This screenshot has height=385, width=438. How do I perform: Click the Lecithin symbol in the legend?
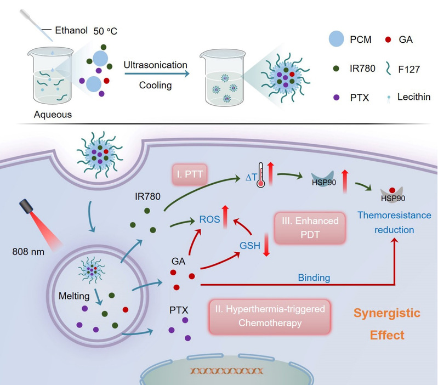coord(374,98)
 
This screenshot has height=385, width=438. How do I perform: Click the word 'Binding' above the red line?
coord(314,278)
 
